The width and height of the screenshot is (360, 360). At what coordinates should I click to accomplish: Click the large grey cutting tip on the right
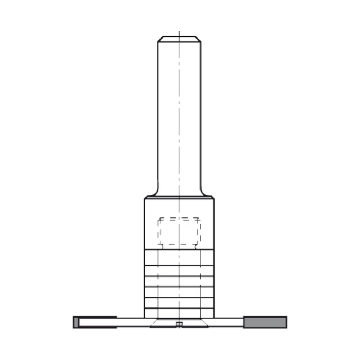click(265, 322)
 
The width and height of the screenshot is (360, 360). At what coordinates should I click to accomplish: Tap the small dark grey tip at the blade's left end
click(76, 322)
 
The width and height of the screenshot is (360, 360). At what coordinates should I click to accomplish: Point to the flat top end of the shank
click(179, 36)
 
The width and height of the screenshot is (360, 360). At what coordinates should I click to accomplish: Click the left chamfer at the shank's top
click(160, 39)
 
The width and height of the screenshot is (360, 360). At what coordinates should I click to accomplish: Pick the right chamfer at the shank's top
click(198, 39)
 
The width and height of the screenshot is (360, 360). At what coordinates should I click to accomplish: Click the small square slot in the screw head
click(179, 325)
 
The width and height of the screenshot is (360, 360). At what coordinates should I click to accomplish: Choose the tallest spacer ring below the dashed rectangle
click(179, 257)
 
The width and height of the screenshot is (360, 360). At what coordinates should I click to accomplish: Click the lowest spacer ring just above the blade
click(179, 313)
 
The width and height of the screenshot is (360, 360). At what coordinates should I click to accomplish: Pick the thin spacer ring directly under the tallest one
click(179, 271)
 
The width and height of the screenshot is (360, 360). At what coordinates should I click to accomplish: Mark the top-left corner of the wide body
click(145, 198)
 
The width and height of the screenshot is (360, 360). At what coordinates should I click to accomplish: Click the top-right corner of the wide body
click(213, 198)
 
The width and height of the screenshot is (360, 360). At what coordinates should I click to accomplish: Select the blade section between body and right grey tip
click(229, 322)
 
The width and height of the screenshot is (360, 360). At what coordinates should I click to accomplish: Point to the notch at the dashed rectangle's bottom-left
click(161, 247)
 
